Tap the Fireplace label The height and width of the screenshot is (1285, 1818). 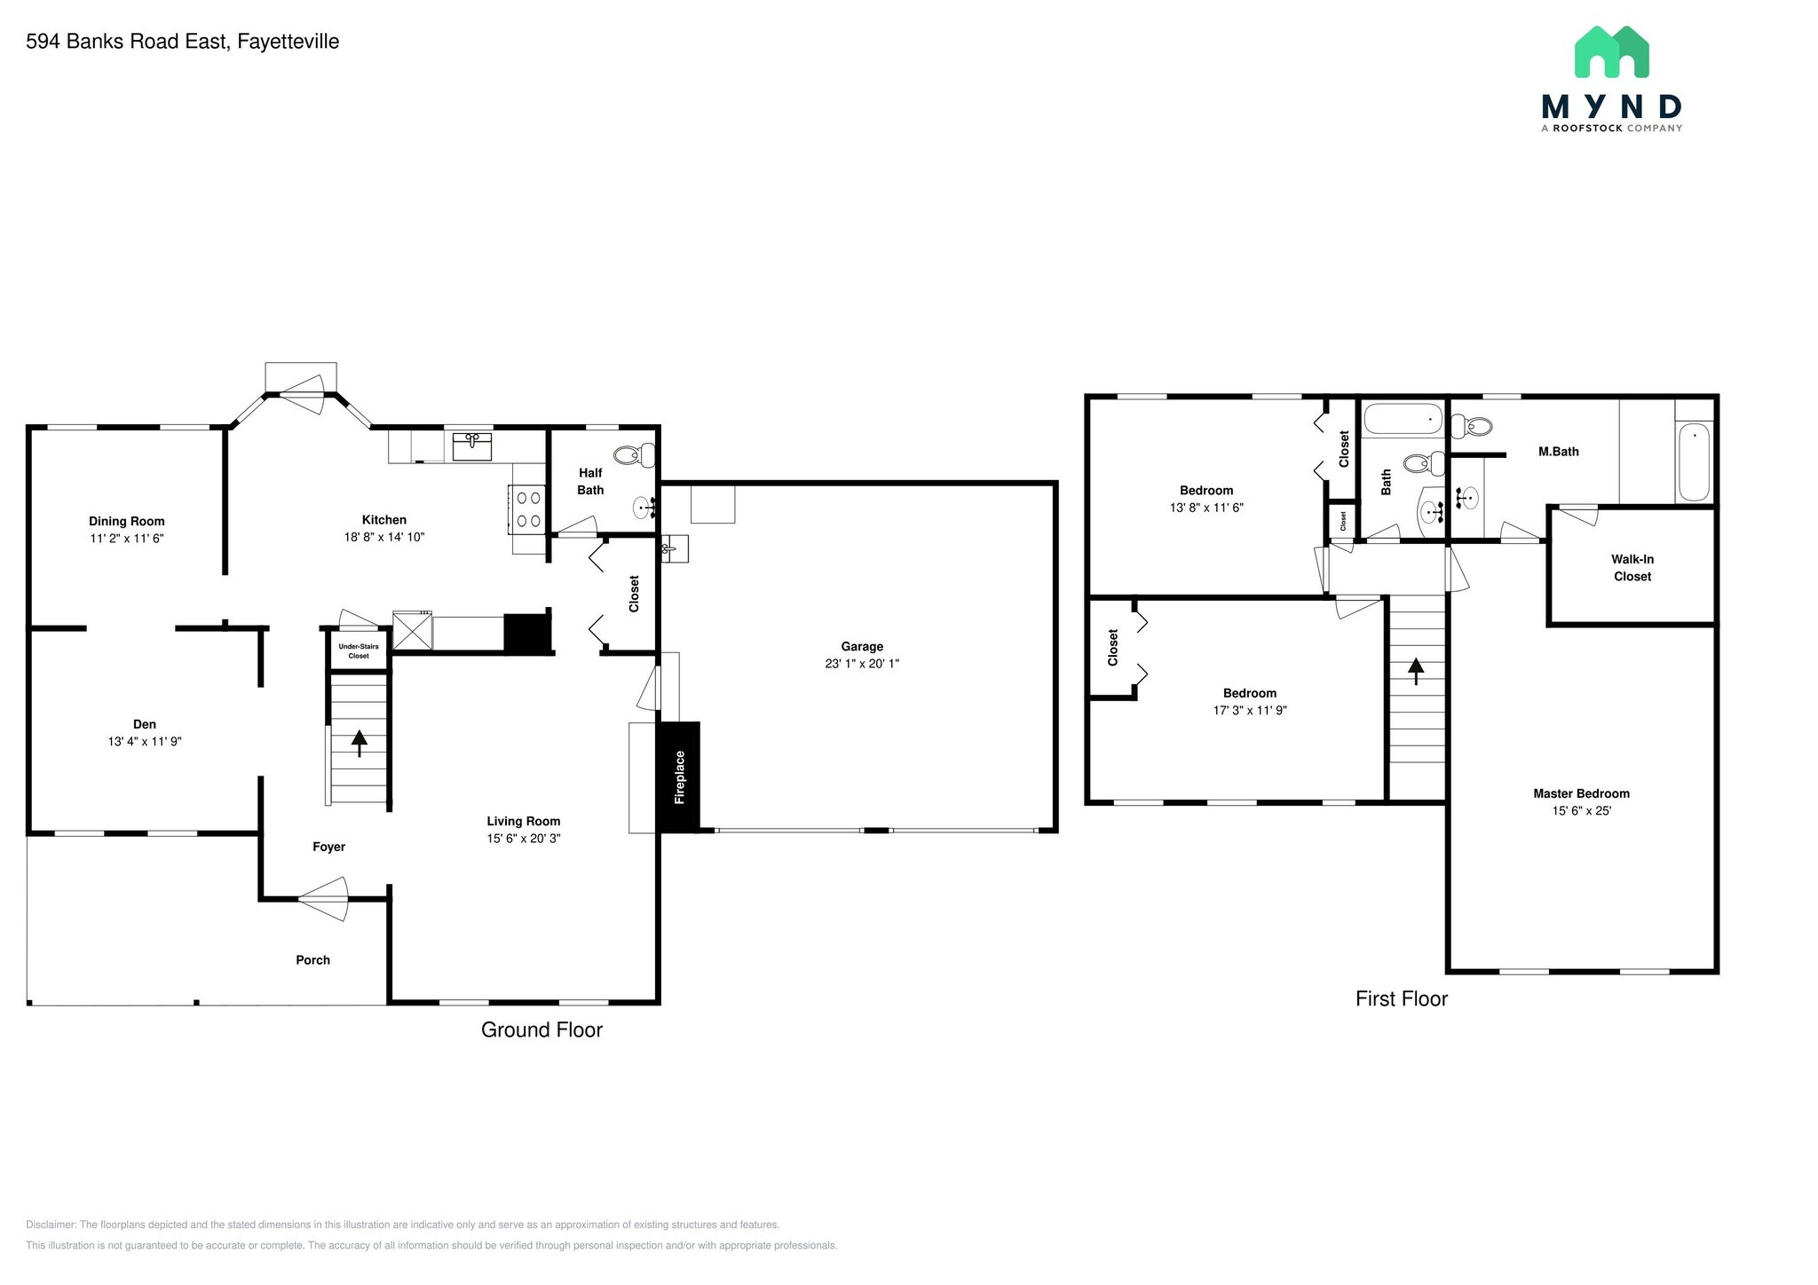[x=680, y=777]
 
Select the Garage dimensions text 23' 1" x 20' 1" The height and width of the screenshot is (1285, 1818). [x=862, y=663]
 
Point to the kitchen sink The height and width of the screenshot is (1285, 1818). [x=472, y=445]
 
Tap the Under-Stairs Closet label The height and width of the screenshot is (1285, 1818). [x=359, y=650]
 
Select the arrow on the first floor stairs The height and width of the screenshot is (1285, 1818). [x=1416, y=671]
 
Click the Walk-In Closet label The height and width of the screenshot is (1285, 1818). [x=1632, y=568]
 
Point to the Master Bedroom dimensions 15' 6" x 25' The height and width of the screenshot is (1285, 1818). [x=1581, y=810]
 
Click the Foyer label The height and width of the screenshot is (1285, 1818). [x=328, y=847]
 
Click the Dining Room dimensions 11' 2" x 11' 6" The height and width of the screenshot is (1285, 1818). [x=127, y=538]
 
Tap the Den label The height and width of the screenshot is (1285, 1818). [x=145, y=724]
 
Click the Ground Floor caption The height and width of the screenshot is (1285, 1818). [x=541, y=1029]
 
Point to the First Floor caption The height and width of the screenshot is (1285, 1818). [x=1402, y=998]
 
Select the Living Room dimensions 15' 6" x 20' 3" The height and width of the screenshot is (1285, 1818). [x=524, y=838]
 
